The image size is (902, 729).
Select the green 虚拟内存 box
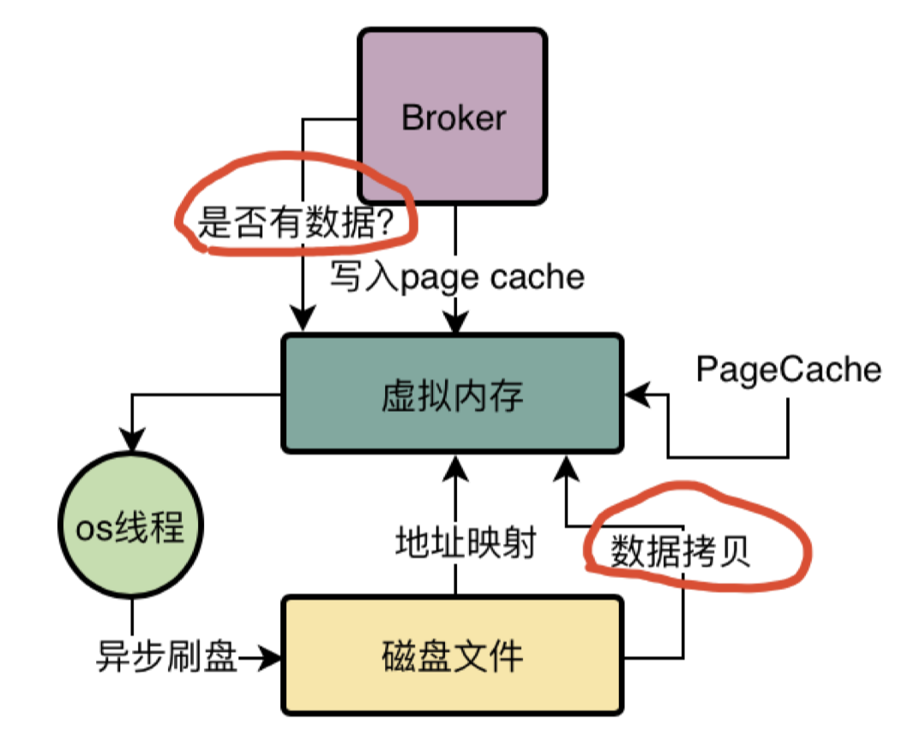[452, 395]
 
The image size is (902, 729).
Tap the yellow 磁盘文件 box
[452, 657]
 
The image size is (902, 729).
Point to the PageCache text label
[788, 370]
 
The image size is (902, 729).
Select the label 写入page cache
[457, 277]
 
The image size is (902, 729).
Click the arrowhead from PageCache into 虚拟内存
[634, 395]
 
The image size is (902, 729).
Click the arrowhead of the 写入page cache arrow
[455, 325]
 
